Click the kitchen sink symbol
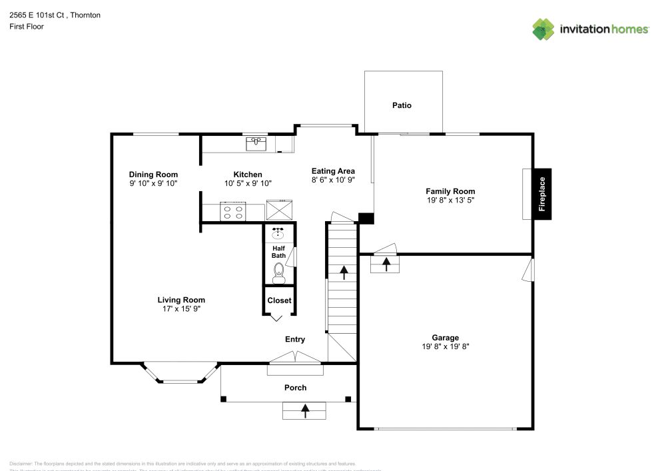coord(256,143)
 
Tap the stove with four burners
coord(232,212)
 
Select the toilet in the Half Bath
coord(279,272)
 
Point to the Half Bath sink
coord(278,234)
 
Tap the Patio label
coord(402,105)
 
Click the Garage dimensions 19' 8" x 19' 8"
coord(445,346)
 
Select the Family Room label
coord(450,191)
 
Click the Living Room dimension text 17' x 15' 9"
coord(181,308)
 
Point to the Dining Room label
coord(153,175)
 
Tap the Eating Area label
coord(333,171)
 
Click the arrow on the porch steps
coord(306,410)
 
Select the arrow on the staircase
coord(344,272)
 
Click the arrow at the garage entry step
coord(386,264)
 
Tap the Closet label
coord(279,300)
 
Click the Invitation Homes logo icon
coord(543,29)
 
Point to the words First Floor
coord(26,27)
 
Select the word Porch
coord(295,388)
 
